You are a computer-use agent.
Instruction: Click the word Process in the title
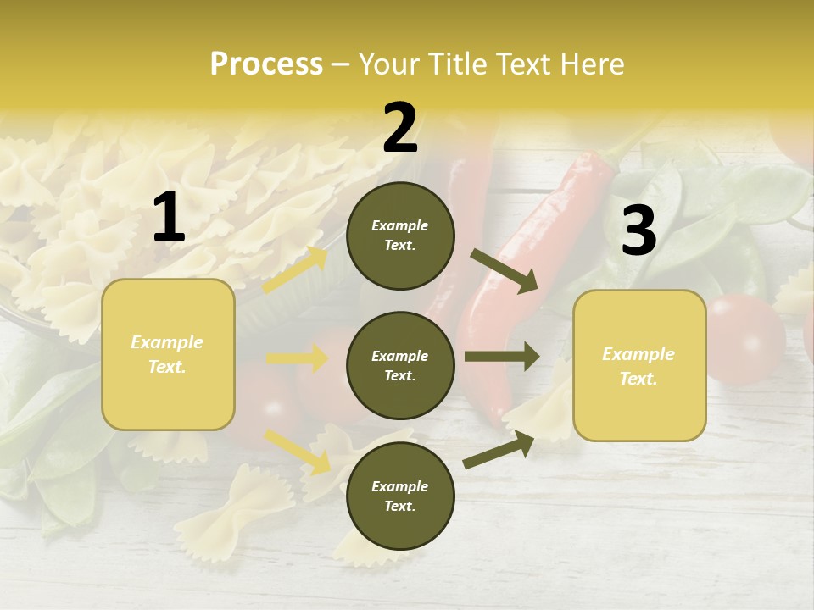click(266, 64)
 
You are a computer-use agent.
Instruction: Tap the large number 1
click(169, 218)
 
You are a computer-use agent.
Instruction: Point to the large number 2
click(400, 128)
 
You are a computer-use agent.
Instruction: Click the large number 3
click(638, 231)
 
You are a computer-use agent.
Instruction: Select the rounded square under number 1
click(168, 354)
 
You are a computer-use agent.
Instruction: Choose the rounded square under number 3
click(639, 366)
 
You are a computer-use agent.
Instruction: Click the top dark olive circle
click(400, 236)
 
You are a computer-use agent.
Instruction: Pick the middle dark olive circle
click(400, 366)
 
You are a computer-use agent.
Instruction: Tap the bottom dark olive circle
click(400, 496)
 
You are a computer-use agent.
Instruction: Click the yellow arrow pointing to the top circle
click(295, 270)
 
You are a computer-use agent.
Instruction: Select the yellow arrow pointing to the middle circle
click(297, 359)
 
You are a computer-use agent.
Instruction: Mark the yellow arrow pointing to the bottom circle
click(297, 451)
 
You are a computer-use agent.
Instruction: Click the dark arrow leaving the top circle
click(505, 271)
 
